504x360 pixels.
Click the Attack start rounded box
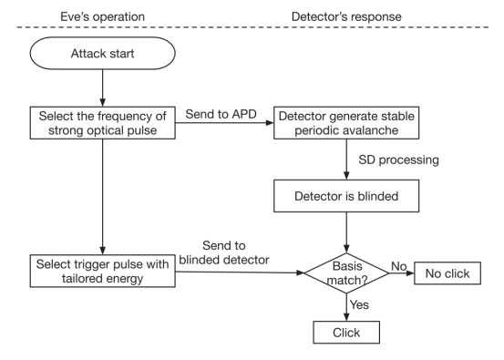tap(103, 53)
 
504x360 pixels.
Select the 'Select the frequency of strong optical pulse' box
tap(103, 123)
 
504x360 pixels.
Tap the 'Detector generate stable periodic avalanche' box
tap(346, 123)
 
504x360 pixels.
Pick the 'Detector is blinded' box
tap(346, 196)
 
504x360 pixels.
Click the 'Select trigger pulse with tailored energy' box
tap(103, 271)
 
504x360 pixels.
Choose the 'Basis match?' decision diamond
tap(346, 273)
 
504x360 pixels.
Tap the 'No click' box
tap(447, 273)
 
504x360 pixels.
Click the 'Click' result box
tap(346, 333)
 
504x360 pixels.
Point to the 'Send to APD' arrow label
tap(221, 114)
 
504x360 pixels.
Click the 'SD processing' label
tap(398, 159)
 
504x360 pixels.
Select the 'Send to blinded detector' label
tap(224, 252)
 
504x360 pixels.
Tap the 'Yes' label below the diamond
tap(359, 304)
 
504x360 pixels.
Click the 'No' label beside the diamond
tap(399, 266)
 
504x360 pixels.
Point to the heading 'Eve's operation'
tap(103, 16)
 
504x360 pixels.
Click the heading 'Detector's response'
tap(346, 16)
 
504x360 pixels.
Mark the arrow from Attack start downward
tap(103, 88)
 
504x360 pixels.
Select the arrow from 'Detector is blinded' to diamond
tap(346, 232)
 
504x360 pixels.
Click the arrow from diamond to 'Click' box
tap(346, 307)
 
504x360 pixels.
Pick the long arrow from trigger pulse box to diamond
tap(240, 273)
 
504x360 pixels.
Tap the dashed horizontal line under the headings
tap(252, 27)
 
